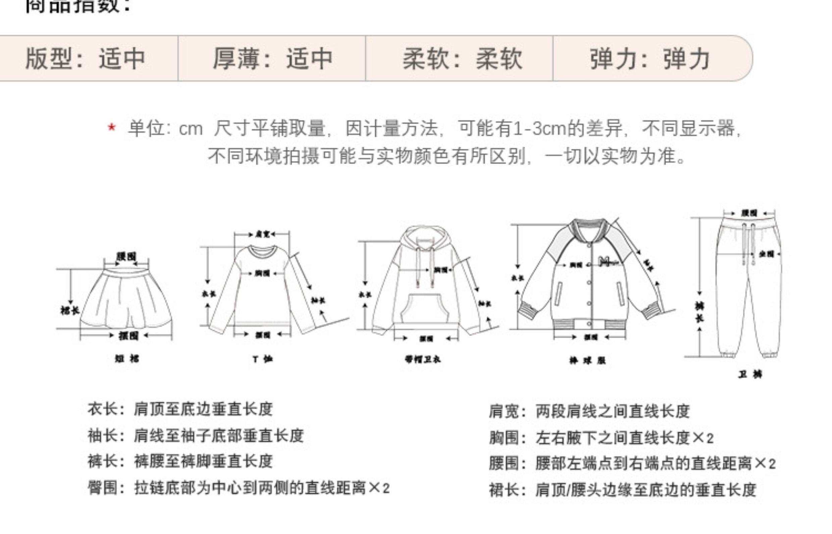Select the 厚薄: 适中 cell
(273, 58)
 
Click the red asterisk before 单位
(111, 127)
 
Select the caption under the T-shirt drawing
(263, 359)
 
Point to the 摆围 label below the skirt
(128, 335)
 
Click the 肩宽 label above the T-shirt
(263, 234)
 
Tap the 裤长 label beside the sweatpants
(699, 312)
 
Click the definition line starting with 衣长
(180, 409)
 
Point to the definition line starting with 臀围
(239, 488)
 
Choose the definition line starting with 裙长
(623, 490)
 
